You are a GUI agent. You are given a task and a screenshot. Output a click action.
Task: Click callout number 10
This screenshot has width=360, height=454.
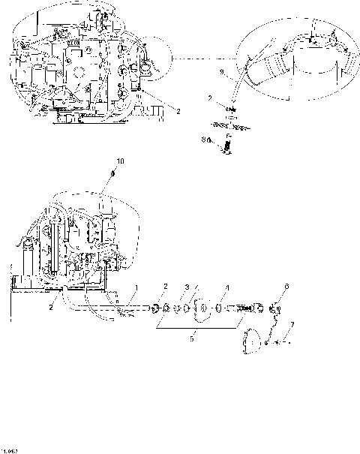[x=121, y=161]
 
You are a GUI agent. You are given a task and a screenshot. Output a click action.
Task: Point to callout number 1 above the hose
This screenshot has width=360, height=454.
[x=136, y=288]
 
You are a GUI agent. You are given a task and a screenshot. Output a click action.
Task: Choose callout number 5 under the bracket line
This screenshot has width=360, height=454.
[x=191, y=338]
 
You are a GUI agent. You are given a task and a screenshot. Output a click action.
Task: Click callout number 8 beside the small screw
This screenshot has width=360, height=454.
[x=203, y=138]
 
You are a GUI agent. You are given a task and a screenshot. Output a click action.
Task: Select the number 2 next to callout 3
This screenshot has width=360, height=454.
[x=166, y=286]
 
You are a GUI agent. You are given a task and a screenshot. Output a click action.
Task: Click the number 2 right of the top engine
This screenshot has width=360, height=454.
[x=178, y=111]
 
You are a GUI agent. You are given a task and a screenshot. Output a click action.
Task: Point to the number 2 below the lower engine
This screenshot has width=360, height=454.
[x=51, y=306]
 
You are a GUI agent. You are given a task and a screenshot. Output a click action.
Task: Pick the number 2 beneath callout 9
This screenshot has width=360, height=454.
[x=210, y=98]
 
